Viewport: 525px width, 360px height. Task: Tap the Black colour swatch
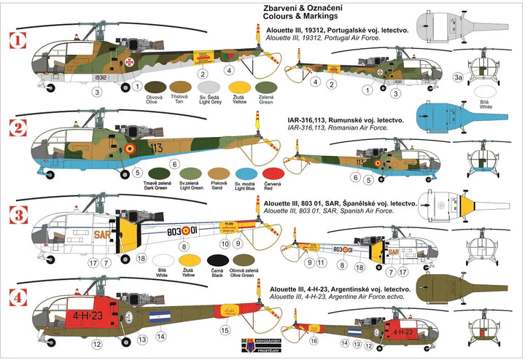[216, 261]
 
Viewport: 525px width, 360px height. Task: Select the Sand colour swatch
[217, 175]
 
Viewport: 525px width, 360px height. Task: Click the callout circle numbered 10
[225, 243]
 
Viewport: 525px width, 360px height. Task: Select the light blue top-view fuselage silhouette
[452, 117]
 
